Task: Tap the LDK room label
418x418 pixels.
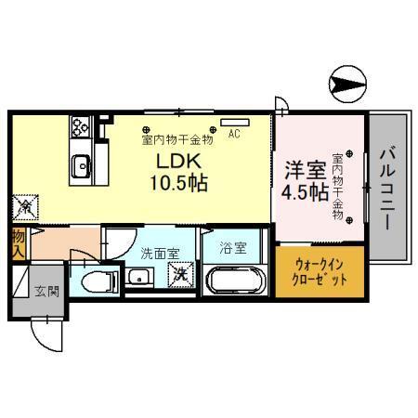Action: (x=174, y=160)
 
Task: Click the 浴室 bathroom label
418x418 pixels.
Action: (x=233, y=250)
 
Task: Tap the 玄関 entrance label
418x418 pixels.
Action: (x=47, y=290)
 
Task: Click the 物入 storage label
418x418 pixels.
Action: (x=19, y=244)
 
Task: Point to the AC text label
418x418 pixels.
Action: (x=234, y=133)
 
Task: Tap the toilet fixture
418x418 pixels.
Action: (x=94, y=281)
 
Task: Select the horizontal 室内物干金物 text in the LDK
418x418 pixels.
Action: (x=177, y=139)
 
